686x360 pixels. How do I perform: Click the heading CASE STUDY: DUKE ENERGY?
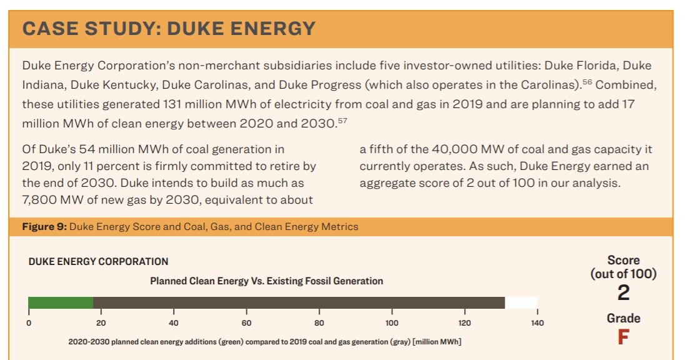(169, 29)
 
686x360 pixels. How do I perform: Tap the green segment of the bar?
(61, 303)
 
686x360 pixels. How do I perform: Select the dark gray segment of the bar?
(299, 303)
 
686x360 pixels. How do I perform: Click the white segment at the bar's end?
(521, 303)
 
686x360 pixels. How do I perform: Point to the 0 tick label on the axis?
(29, 323)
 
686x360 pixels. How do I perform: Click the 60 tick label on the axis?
(247, 323)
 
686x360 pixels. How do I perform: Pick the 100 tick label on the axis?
(392, 323)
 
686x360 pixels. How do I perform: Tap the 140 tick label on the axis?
(537, 323)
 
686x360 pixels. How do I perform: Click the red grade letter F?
(623, 337)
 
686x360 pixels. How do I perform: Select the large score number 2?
(623, 292)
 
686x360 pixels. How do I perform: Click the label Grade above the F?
(623, 318)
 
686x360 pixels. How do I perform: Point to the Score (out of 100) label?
(623, 267)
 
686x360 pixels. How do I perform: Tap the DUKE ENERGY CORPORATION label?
(98, 262)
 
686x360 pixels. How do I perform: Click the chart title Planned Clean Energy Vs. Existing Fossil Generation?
(266, 281)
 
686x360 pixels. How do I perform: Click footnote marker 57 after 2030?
(342, 120)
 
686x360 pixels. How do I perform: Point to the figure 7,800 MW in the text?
(49, 200)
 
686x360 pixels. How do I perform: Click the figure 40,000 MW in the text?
(460, 149)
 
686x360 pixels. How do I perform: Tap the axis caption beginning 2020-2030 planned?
(265, 342)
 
